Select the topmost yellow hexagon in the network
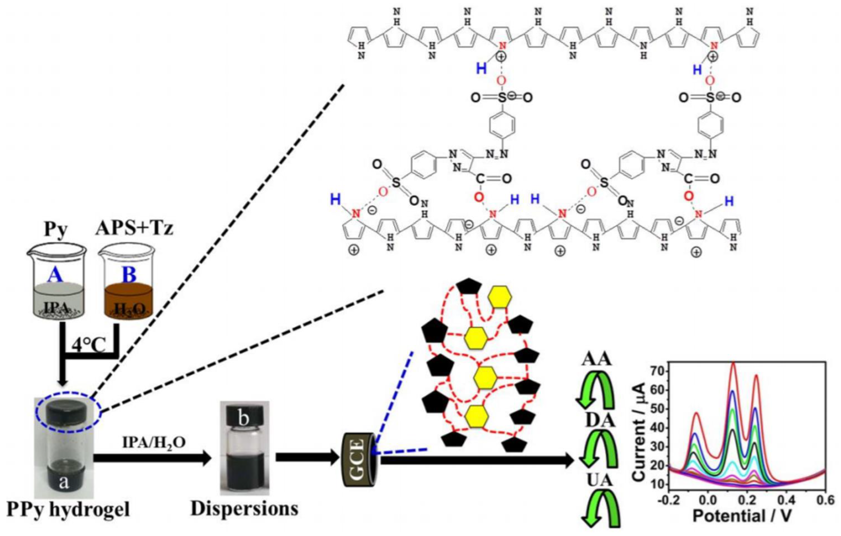click(500, 296)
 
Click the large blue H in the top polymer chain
click(481, 69)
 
